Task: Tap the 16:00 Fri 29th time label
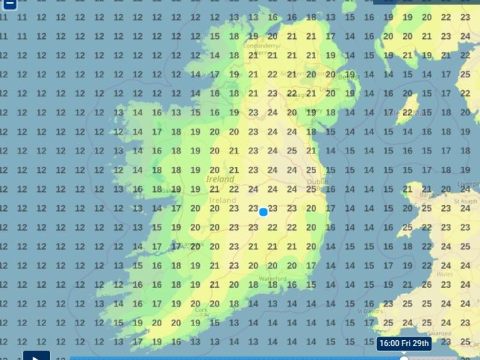404,343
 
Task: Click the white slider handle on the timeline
404,357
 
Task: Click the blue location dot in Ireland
263,212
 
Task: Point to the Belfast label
346,75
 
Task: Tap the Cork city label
202,309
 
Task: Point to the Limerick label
192,245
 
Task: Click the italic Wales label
444,274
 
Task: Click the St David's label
370,311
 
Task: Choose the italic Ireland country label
220,180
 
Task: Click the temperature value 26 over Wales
426,285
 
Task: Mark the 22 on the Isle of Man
407,113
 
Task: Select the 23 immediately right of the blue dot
273,208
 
